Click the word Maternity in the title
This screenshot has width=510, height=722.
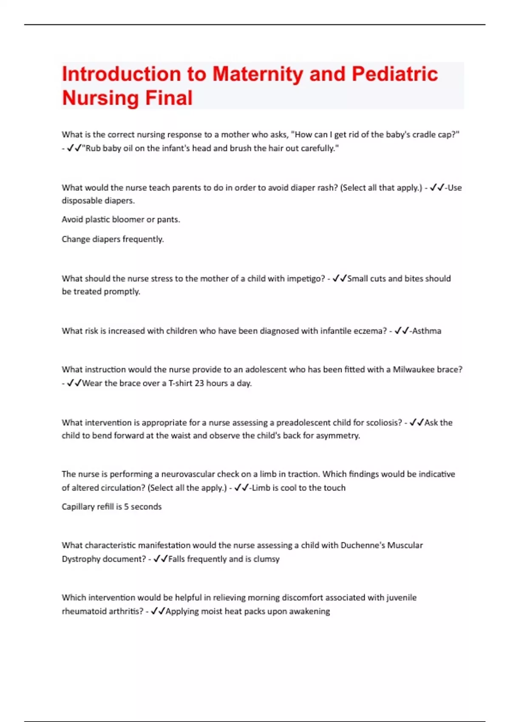click(x=258, y=74)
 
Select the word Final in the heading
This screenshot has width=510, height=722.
click(x=169, y=98)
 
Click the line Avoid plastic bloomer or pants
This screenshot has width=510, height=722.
click(x=121, y=220)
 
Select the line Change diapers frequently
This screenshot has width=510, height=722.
click(x=113, y=239)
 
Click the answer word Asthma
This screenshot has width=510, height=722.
click(x=427, y=331)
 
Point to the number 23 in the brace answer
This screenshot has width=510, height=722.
click(x=199, y=383)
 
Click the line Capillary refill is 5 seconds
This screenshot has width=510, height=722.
click(x=111, y=507)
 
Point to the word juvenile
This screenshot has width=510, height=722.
click(x=401, y=598)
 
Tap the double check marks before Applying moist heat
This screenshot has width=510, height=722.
click(x=158, y=611)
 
